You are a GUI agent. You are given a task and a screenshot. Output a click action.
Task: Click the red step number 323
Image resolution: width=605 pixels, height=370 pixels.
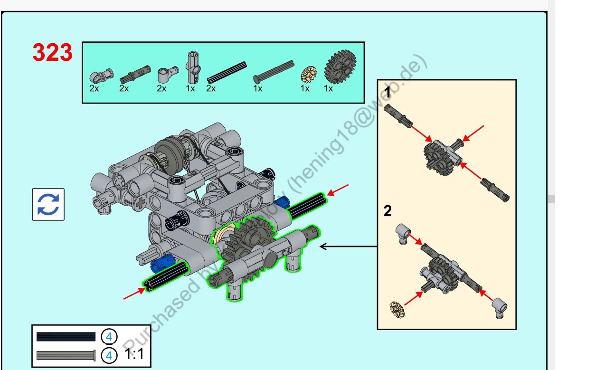point(52,53)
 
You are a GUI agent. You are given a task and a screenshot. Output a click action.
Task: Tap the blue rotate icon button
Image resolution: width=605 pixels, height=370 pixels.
point(48,204)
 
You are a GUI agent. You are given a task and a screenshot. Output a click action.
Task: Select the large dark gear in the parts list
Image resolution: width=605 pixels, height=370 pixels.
point(340,67)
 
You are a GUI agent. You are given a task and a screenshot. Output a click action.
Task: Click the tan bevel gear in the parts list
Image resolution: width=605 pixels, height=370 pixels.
point(309,74)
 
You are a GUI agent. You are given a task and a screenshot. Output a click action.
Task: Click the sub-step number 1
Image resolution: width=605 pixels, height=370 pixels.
point(388,93)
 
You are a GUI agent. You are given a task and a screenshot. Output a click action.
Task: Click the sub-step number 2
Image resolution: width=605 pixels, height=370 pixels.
point(388,211)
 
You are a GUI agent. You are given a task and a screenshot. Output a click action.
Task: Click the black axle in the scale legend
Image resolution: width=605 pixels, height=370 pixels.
point(66,337)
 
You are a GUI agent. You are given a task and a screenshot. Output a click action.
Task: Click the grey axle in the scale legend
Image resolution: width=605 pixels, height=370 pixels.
point(66,355)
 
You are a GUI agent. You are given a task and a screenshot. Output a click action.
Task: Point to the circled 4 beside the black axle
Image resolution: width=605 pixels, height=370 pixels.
point(109,337)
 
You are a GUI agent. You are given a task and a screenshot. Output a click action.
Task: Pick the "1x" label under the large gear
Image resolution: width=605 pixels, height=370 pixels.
point(328,89)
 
